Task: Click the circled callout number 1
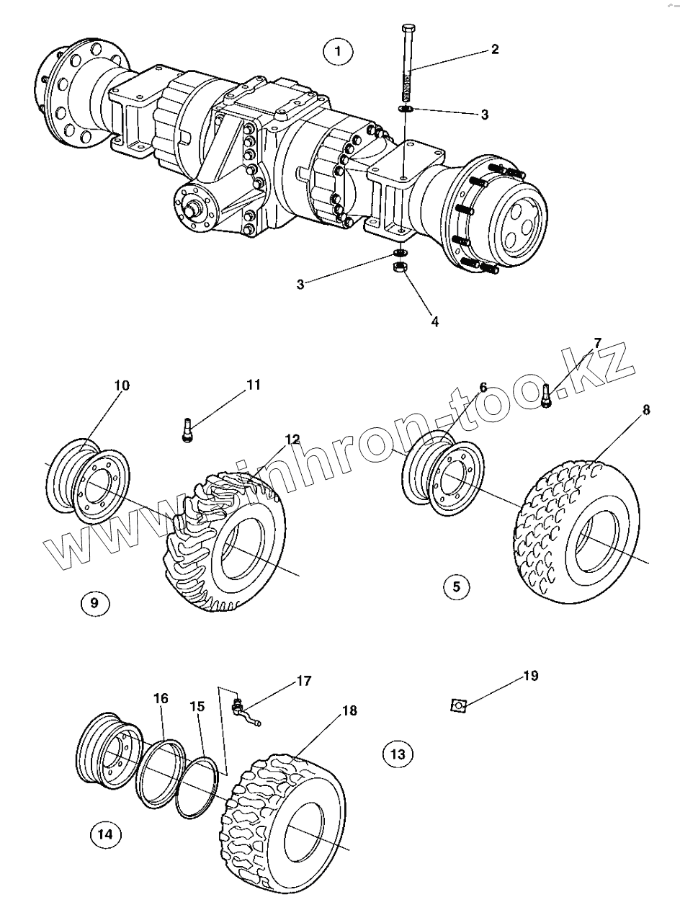[x=338, y=52]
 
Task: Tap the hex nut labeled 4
[x=398, y=267]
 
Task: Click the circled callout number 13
[x=398, y=754]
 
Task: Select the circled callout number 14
[x=105, y=834]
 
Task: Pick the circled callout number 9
[x=94, y=602]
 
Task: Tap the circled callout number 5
[x=456, y=586]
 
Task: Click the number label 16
[x=161, y=698]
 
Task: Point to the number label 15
[x=197, y=707]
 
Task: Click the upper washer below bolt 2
[x=405, y=109]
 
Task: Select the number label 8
[x=646, y=410]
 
